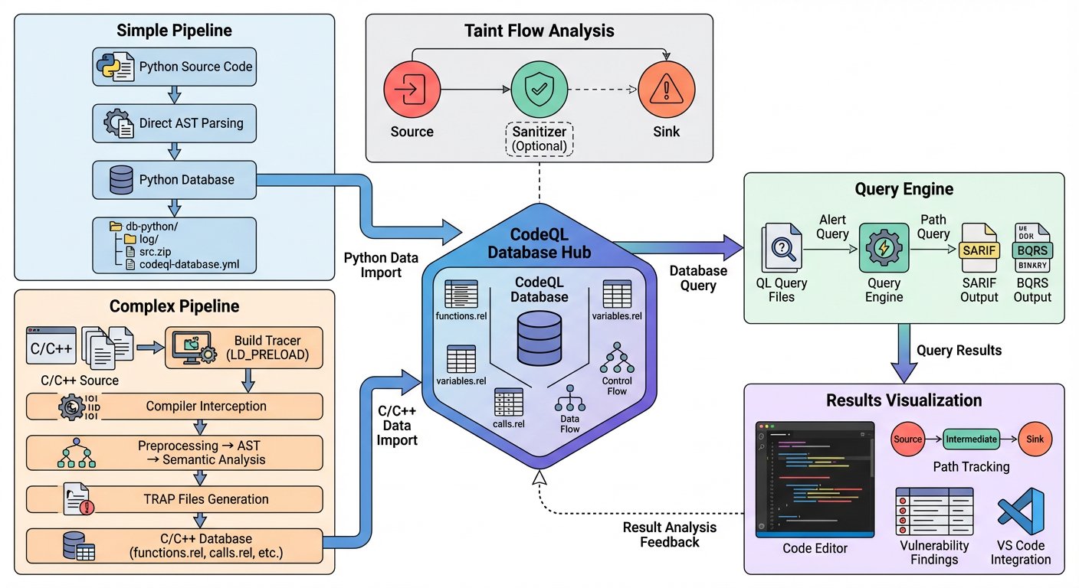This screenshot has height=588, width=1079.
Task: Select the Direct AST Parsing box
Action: [174, 123]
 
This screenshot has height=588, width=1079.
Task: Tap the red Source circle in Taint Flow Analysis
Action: [412, 90]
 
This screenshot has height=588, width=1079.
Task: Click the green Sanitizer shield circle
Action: [539, 90]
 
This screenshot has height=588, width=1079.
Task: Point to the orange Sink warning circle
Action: [665, 90]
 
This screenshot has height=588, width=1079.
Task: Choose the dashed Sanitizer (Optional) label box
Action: [539, 139]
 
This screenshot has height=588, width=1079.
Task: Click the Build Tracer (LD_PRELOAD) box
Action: [244, 349]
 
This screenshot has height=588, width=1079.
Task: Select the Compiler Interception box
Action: [174, 407]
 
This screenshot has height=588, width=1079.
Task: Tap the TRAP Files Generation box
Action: [174, 499]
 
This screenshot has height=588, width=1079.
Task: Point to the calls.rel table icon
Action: [509, 402]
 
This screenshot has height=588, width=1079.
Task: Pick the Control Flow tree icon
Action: [617, 358]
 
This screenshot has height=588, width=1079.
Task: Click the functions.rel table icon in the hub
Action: [461, 295]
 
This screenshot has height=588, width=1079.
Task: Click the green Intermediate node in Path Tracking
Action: [971, 439]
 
